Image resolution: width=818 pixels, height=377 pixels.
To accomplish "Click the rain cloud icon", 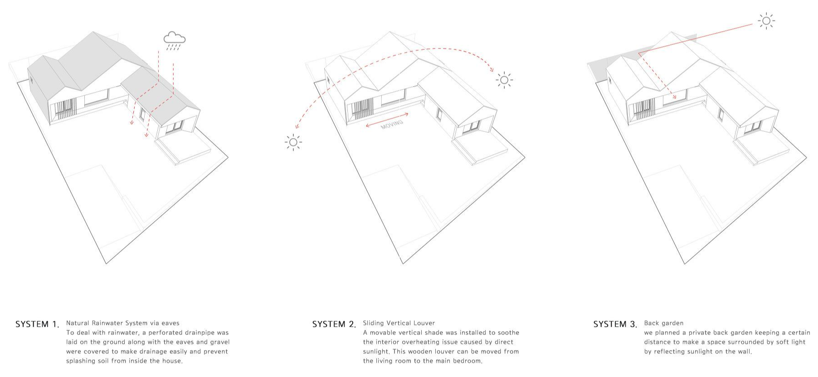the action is pos(175,40).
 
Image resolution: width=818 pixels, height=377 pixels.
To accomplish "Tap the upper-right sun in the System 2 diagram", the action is pos(504,80).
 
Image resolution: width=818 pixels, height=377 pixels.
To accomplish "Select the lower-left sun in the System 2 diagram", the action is pos(293,142).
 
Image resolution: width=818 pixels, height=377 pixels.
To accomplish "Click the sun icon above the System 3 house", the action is pos(766,20).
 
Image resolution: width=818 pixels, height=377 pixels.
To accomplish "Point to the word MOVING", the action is pos(392,124).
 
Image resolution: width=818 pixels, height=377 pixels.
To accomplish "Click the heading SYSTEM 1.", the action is pos(37,324).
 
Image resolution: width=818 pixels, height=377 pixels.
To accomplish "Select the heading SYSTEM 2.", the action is pos(334,324).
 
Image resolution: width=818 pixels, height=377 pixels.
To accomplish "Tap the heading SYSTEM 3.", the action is pos(615,324).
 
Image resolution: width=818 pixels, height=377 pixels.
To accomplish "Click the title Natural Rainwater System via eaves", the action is pos(122,323).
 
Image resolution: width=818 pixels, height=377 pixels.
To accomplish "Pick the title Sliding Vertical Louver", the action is pos(399,323).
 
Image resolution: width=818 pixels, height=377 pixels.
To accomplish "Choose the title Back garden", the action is pos(663,323).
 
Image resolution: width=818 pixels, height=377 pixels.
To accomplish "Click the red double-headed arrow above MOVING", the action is pos(387,119).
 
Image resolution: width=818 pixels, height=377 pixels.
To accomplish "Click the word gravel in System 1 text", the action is pos(220,342).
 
